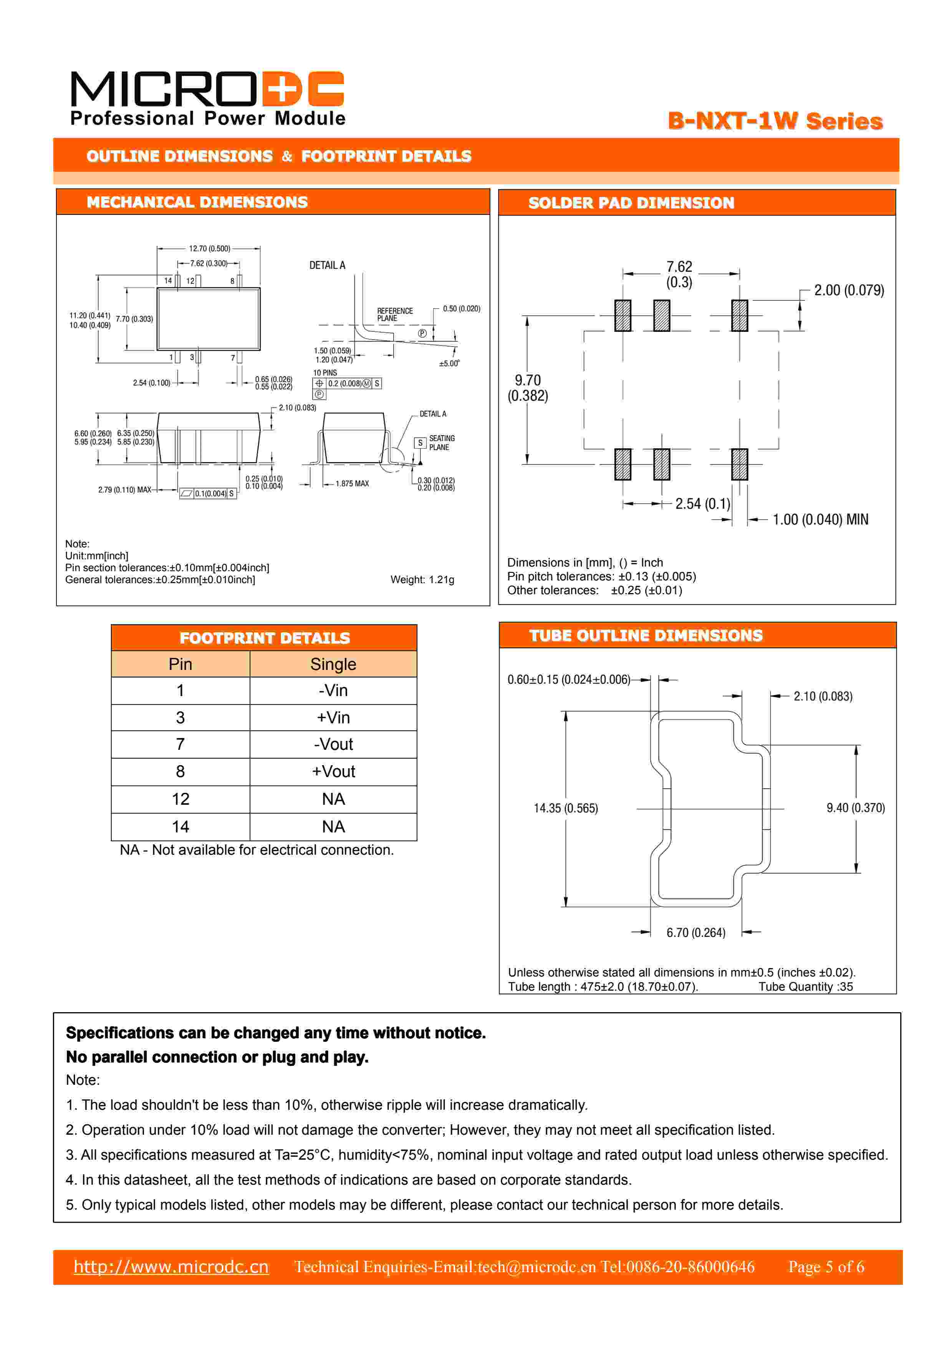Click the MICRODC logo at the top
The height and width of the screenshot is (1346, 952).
click(207, 98)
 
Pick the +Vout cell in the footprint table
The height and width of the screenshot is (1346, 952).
click(333, 771)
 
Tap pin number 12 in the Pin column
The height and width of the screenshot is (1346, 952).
click(180, 799)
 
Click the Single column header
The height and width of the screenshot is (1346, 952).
click(333, 664)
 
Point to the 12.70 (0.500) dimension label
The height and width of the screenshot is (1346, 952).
click(209, 249)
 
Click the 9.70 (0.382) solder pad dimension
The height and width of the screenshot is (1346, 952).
click(528, 388)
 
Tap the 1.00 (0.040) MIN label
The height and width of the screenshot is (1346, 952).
click(820, 519)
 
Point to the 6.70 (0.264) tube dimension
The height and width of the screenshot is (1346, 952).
click(696, 932)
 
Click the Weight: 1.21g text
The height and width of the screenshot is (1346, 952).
click(422, 579)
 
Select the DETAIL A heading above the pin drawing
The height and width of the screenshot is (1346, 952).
click(327, 265)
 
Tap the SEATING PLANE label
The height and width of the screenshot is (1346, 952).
click(441, 443)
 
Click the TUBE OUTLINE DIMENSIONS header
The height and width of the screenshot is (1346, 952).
click(646, 635)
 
